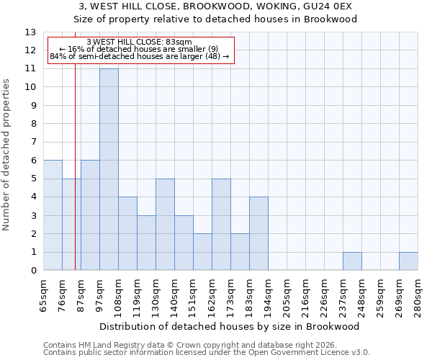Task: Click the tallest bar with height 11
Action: tap(109, 169)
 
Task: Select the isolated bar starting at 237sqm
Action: tap(352, 261)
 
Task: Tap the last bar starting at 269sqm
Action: tap(408, 261)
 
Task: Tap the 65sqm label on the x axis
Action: tap(43, 294)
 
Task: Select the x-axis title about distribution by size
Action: tap(230, 326)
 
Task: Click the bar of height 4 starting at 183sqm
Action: tap(258, 233)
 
